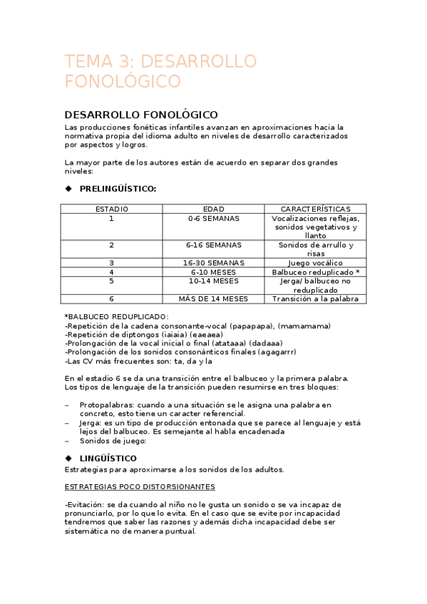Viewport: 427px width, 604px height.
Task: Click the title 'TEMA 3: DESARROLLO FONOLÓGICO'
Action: [x=160, y=71]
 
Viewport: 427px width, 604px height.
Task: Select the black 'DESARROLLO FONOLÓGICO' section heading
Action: [x=141, y=115]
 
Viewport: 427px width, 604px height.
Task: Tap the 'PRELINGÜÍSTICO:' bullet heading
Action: [x=118, y=189]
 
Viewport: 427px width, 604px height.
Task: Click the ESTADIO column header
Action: [x=111, y=209]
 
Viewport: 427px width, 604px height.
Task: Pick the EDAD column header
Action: [x=214, y=209]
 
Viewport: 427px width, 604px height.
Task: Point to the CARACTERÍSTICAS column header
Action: [x=315, y=209]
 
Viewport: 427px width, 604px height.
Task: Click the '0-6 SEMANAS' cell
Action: [x=214, y=219]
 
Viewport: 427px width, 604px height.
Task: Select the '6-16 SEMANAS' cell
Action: [x=214, y=245]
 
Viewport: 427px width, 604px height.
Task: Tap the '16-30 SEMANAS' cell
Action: [x=214, y=263]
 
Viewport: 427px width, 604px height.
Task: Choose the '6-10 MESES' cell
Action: [x=214, y=272]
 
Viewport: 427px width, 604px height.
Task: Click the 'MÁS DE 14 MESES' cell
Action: [x=214, y=299]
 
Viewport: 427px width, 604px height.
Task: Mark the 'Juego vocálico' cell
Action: [x=315, y=263]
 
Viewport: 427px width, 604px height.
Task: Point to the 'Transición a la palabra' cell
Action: [x=315, y=299]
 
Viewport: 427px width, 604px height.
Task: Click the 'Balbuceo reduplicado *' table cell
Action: [x=315, y=272]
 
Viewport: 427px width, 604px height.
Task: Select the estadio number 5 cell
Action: [x=111, y=281]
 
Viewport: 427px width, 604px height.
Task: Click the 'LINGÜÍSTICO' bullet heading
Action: [x=108, y=459]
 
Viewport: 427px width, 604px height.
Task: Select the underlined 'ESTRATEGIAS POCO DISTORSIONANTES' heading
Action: [x=140, y=487]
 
